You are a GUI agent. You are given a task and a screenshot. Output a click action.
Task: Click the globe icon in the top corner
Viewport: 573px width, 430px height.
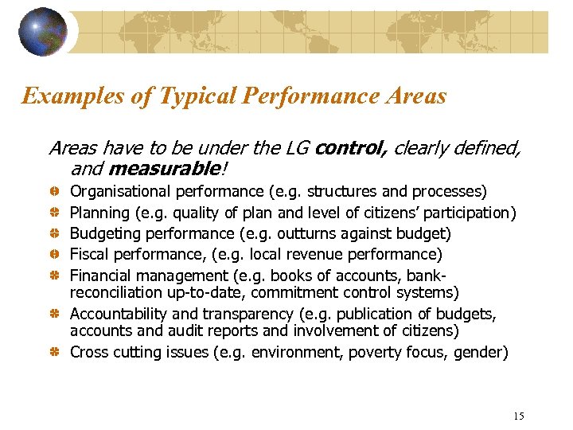43,32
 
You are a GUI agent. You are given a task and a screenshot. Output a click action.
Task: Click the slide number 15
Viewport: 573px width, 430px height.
519,416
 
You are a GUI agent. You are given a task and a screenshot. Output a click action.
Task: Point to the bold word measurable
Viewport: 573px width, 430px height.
162,168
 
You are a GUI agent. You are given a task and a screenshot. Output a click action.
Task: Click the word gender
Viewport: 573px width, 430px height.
480,352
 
